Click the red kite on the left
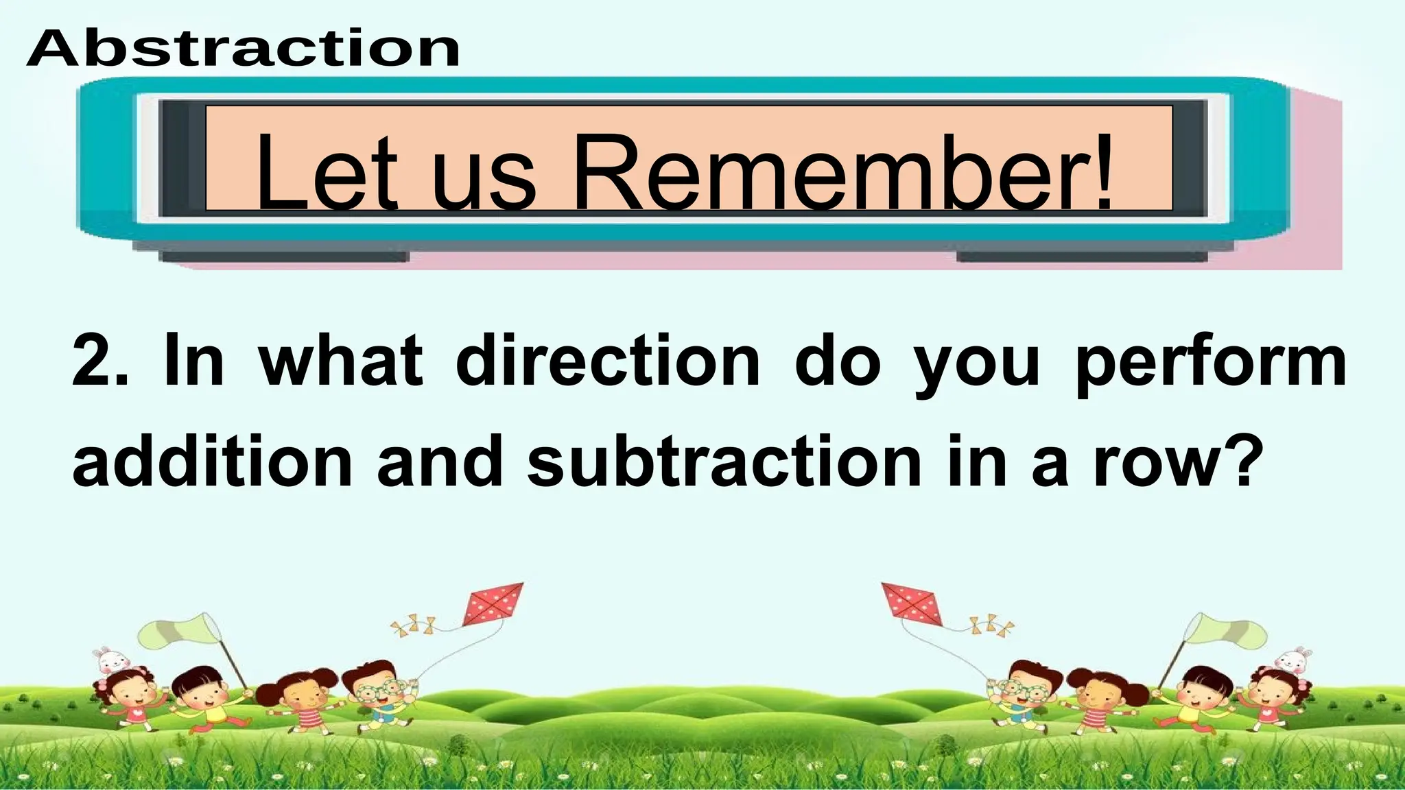coord(493,603)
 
